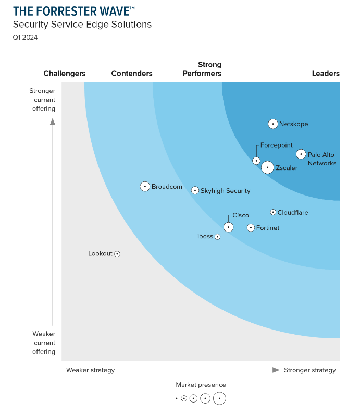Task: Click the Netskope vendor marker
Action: point(273,124)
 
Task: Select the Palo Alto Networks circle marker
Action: point(301,154)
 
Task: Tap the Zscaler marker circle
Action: point(267,167)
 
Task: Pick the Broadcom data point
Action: point(145,187)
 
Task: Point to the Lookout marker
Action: point(117,254)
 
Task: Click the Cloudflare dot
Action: point(273,212)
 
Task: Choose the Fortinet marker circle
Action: point(251,228)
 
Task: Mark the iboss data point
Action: point(217,237)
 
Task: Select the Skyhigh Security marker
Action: point(195,190)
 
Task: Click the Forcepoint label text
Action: point(276,145)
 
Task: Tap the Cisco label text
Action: point(241,215)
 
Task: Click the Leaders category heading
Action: point(326,74)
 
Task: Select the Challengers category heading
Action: point(65,74)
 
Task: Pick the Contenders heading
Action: point(132,74)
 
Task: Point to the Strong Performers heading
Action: point(202,69)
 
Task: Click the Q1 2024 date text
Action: point(25,38)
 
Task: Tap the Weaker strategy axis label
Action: point(90,370)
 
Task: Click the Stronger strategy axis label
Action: point(310,370)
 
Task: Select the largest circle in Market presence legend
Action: point(219,398)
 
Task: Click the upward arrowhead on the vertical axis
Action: point(52,122)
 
